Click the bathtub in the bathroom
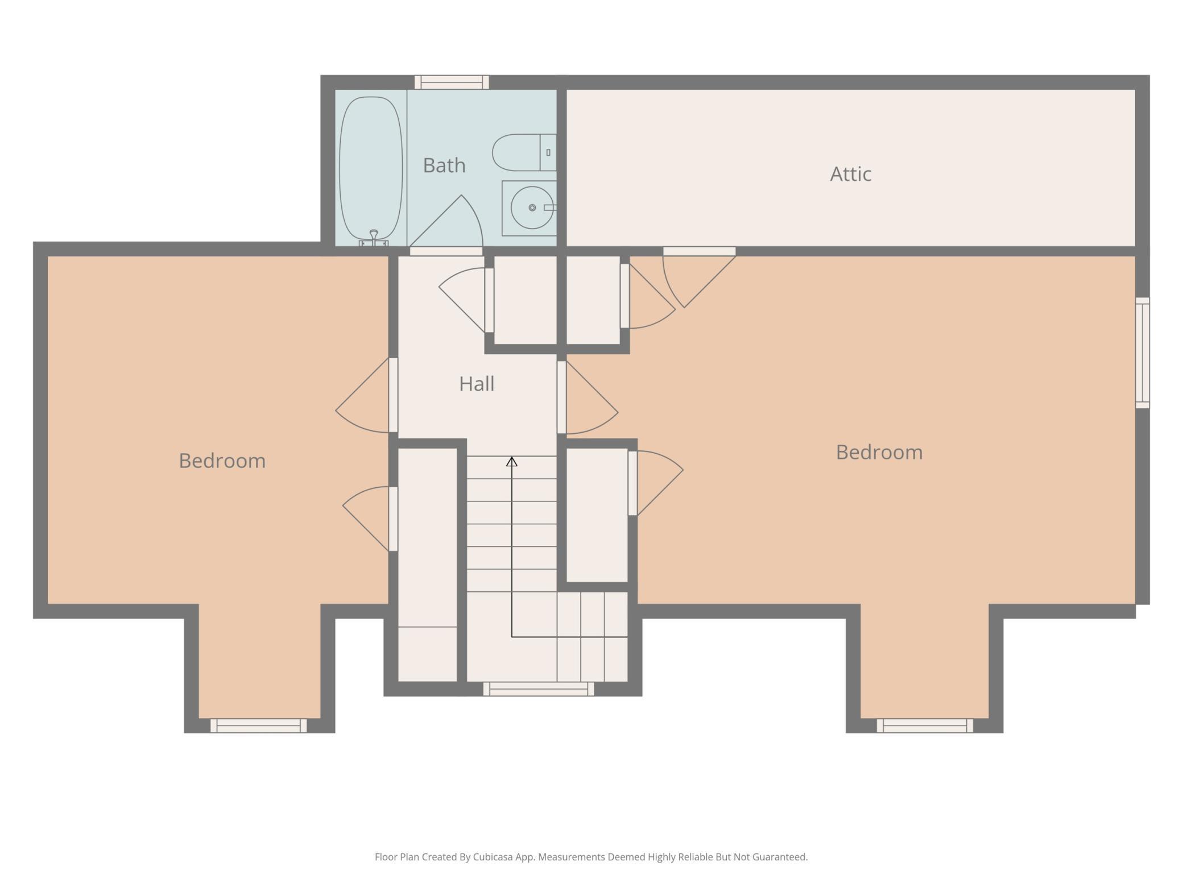click(x=370, y=168)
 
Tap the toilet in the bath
click(x=524, y=152)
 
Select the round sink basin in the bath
click(x=532, y=208)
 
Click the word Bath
click(x=444, y=165)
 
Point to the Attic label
click(x=850, y=174)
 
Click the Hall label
click(x=477, y=384)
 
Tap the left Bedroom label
click(x=222, y=461)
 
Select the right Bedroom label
click(x=879, y=452)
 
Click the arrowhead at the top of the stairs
click(x=512, y=462)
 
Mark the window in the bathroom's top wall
click(x=452, y=82)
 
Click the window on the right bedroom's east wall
click(x=1142, y=353)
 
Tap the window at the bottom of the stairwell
click(x=539, y=689)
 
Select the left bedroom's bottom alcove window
click(x=259, y=726)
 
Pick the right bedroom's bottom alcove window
click(x=925, y=726)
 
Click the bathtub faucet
click(x=374, y=237)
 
